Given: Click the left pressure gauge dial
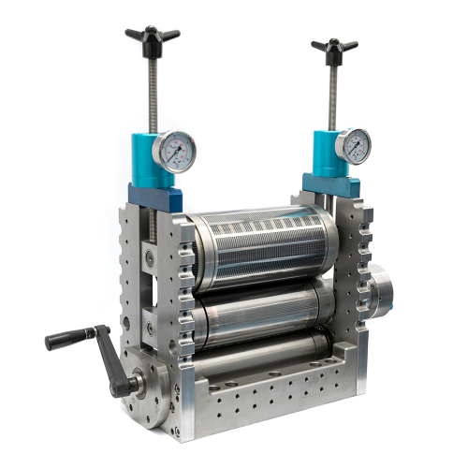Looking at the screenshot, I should coord(174,151).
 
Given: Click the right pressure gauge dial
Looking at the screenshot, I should coord(353,145).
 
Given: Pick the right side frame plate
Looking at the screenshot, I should coord(353,281).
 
